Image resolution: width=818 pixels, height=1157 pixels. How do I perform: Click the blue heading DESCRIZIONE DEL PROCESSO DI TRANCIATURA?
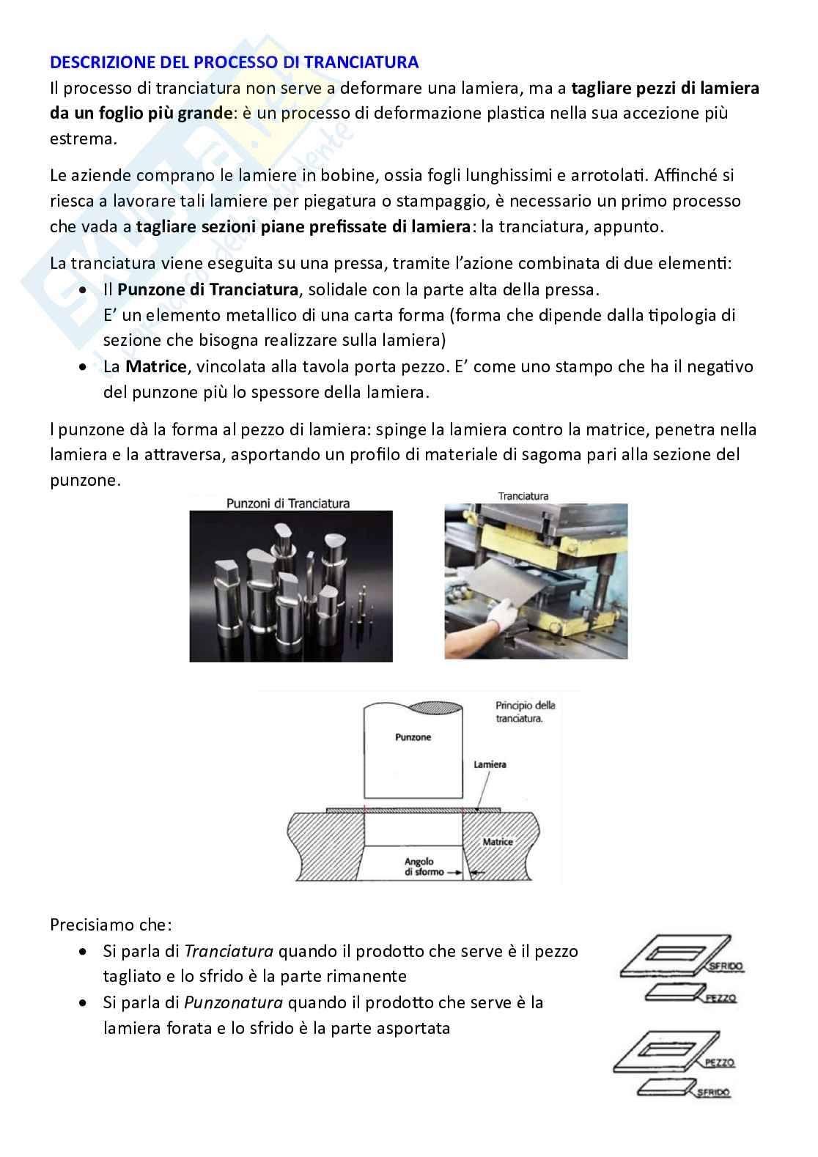pyautogui.click(x=234, y=62)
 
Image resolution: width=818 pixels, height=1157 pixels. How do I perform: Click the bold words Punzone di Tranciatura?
pyautogui.click(x=207, y=289)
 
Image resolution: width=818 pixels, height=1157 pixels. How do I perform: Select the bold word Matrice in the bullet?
pyautogui.click(x=155, y=366)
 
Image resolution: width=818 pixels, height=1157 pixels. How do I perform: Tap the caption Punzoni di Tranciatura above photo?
pyautogui.click(x=288, y=503)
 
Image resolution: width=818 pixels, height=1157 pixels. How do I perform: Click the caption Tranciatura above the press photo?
pyautogui.click(x=523, y=496)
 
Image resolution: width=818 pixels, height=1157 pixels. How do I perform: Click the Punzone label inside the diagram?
pyautogui.click(x=413, y=737)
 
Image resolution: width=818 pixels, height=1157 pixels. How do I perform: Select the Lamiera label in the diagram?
pyautogui.click(x=490, y=764)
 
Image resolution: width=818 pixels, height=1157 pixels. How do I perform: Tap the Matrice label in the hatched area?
pyautogui.click(x=498, y=842)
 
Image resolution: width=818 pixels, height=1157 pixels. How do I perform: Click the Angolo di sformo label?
pyautogui.click(x=419, y=867)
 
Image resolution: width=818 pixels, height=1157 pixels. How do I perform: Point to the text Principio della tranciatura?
pyautogui.click(x=525, y=711)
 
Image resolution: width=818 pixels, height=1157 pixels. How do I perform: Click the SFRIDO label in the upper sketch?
pyautogui.click(x=726, y=966)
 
